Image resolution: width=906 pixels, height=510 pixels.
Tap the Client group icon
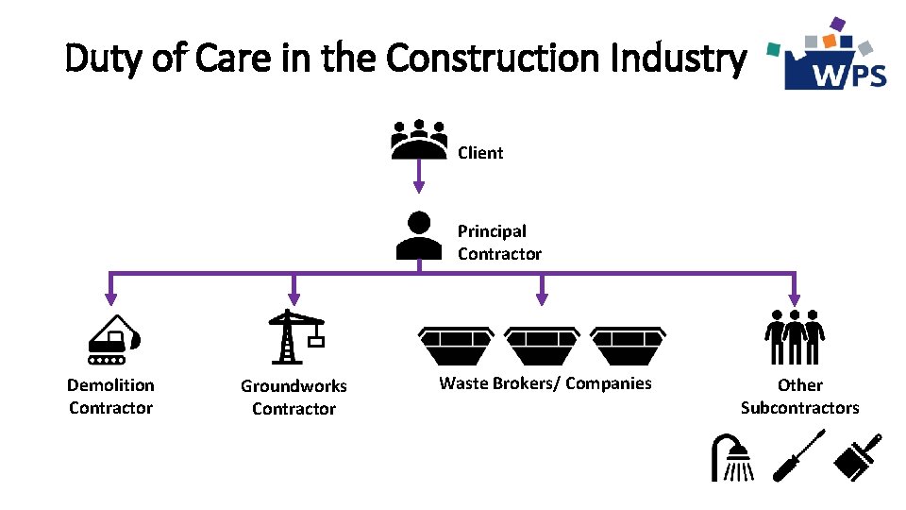(x=419, y=139)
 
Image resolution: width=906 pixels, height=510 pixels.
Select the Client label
(x=480, y=153)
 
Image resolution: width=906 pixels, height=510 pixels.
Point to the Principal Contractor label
(x=499, y=243)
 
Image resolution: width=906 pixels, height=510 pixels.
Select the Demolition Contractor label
(x=110, y=397)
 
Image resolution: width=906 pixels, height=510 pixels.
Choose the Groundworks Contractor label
(x=294, y=398)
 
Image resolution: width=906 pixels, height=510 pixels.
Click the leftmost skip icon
(x=457, y=346)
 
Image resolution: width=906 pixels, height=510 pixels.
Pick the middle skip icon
(x=542, y=346)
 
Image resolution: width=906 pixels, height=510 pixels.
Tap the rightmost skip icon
(x=628, y=346)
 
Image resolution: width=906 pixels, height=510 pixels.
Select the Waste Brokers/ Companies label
(x=545, y=383)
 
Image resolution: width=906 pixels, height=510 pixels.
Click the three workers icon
(x=795, y=337)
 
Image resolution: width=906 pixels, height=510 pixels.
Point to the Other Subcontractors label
(x=799, y=397)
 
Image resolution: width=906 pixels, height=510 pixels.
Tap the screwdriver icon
(x=798, y=455)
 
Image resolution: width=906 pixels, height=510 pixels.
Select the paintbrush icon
(x=859, y=454)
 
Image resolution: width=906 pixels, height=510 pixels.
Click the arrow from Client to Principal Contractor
(x=419, y=176)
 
